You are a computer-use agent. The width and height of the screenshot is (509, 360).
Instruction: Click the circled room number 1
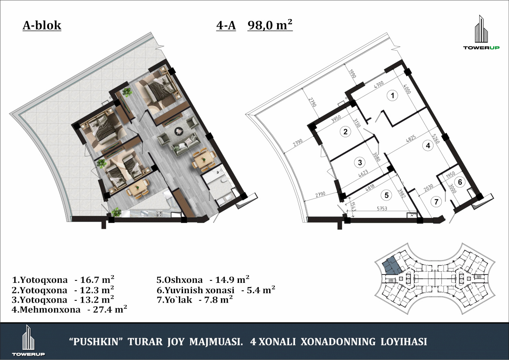(x=392, y=95)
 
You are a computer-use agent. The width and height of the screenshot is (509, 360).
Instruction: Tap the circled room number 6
(x=460, y=182)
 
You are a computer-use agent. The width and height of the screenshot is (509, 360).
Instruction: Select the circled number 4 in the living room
(x=428, y=145)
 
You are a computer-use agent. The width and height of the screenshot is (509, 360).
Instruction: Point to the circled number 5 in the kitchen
(x=387, y=195)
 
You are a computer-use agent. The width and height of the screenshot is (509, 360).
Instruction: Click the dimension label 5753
(x=382, y=208)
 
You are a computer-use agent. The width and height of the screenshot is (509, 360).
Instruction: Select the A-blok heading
(x=42, y=25)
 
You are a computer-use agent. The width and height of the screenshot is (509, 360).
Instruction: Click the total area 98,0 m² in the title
(x=270, y=25)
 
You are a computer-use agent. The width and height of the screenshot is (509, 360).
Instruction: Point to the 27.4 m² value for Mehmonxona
(x=110, y=309)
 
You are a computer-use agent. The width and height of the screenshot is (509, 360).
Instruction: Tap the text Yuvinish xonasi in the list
(x=199, y=290)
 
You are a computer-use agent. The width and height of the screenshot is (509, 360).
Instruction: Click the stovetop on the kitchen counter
(x=159, y=213)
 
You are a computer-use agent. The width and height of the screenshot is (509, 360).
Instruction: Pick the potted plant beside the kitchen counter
(x=116, y=212)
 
